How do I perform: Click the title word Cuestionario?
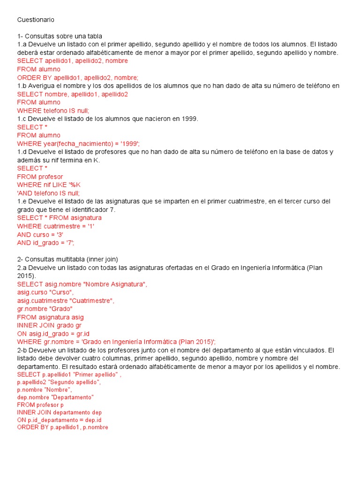[x=36, y=20]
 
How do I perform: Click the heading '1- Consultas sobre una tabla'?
[x=60, y=36]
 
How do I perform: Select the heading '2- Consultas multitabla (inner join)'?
[x=67, y=259]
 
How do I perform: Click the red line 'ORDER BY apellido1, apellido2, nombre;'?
[x=78, y=77]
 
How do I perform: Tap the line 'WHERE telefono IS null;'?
[x=53, y=110]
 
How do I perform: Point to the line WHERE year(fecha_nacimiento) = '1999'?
[x=79, y=143]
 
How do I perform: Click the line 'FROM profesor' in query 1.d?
[x=40, y=176]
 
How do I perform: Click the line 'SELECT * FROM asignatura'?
[x=59, y=218]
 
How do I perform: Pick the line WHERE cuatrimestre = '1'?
[x=56, y=226]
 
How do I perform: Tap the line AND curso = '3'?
[x=40, y=234]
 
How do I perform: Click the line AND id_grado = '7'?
[x=46, y=243]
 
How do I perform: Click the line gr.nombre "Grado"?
[x=45, y=309]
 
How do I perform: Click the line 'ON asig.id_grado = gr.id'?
[x=53, y=333]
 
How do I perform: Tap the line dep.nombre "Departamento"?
[x=55, y=397]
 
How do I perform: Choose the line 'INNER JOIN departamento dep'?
[x=60, y=412]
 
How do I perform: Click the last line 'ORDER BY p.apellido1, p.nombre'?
[x=62, y=427]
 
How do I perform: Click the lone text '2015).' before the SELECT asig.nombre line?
[x=26, y=276]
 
